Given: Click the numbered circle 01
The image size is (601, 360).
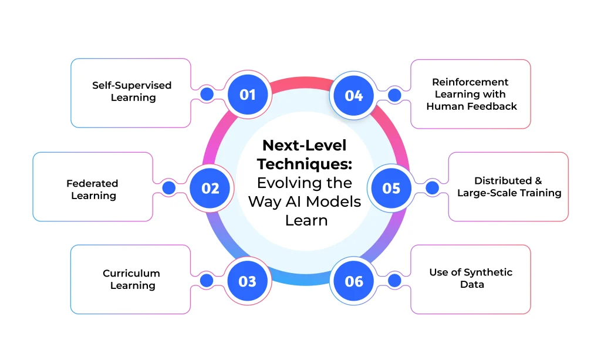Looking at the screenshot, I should pos(247,94).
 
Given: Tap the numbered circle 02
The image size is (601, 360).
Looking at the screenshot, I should pos(210,188).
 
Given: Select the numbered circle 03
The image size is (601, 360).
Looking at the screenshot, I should pos(247,281).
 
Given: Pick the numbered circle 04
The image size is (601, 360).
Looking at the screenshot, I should pos(354,95).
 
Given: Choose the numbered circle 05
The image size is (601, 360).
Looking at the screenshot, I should pos(391,188).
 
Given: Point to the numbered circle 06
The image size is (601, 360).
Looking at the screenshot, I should pos(354,281).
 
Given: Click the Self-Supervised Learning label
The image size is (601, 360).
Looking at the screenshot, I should pos(132,92).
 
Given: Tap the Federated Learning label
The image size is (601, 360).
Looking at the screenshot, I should pos(93,189).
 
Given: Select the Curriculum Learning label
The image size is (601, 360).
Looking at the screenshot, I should pos(131,279).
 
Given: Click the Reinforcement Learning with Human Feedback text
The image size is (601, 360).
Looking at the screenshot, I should pos(471,94).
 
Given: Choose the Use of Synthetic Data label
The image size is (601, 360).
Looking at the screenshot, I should pos(471,278).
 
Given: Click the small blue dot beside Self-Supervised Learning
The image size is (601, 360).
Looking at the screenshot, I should pos(207,94).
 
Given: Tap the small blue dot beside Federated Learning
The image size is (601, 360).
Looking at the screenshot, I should pos(169,188).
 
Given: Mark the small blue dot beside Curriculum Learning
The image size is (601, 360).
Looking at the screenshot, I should pos(207,281).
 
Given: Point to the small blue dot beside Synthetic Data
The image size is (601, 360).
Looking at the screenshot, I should pos(394,281).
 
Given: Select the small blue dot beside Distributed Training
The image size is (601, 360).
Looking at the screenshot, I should pos(432,188).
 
